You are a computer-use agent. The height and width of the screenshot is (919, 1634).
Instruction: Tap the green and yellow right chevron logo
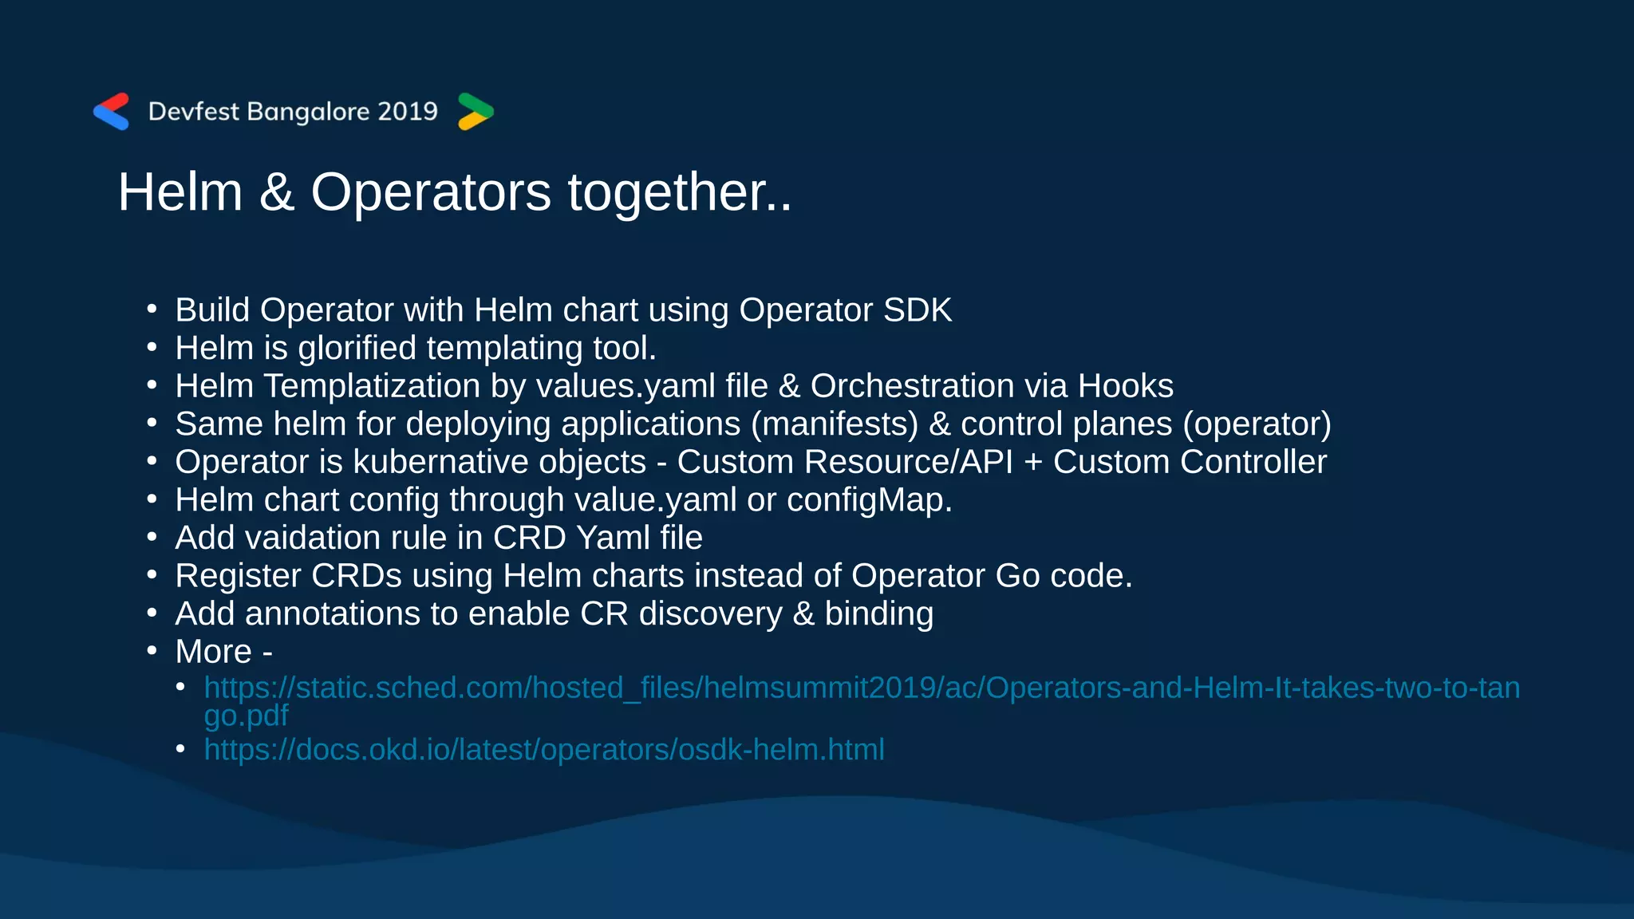click(476, 112)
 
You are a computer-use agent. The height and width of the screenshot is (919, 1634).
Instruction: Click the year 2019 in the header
click(407, 112)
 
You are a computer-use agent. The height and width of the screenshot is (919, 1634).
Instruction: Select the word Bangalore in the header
click(309, 112)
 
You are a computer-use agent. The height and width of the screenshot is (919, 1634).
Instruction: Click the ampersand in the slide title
click(276, 192)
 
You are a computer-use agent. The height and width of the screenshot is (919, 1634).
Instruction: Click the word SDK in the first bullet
click(917, 310)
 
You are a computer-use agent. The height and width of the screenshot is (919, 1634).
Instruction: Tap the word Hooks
click(1125, 386)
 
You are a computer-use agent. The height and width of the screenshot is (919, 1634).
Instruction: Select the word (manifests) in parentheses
click(835, 424)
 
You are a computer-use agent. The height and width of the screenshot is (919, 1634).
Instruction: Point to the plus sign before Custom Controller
click(1032, 463)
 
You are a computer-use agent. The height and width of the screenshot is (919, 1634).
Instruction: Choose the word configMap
click(869, 500)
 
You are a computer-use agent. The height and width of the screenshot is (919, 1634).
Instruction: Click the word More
click(213, 652)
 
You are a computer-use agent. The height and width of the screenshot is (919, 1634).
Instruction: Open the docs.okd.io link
click(544, 750)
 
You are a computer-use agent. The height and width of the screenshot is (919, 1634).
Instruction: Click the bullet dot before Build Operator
click(152, 310)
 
